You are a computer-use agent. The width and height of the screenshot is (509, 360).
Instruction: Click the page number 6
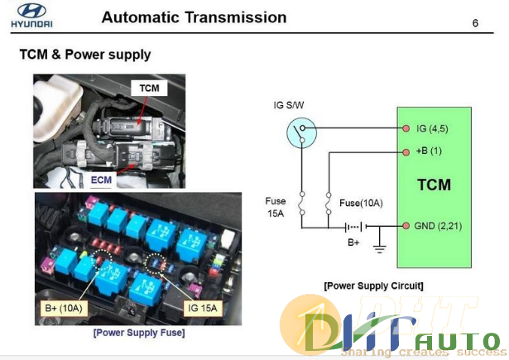(475, 22)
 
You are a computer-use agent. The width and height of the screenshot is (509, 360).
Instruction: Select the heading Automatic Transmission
(194, 17)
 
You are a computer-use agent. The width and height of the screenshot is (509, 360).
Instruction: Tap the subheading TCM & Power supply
(84, 55)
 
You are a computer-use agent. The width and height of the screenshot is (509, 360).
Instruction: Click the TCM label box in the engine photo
(148, 88)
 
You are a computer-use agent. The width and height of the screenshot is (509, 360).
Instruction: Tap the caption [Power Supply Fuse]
(138, 333)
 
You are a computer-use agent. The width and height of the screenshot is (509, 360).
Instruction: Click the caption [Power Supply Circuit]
(373, 286)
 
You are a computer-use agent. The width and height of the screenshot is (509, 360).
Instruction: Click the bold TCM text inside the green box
(433, 185)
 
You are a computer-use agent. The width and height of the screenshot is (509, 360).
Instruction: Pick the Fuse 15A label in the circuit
(276, 206)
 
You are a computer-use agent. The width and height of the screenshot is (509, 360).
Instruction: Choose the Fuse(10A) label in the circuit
(361, 203)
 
